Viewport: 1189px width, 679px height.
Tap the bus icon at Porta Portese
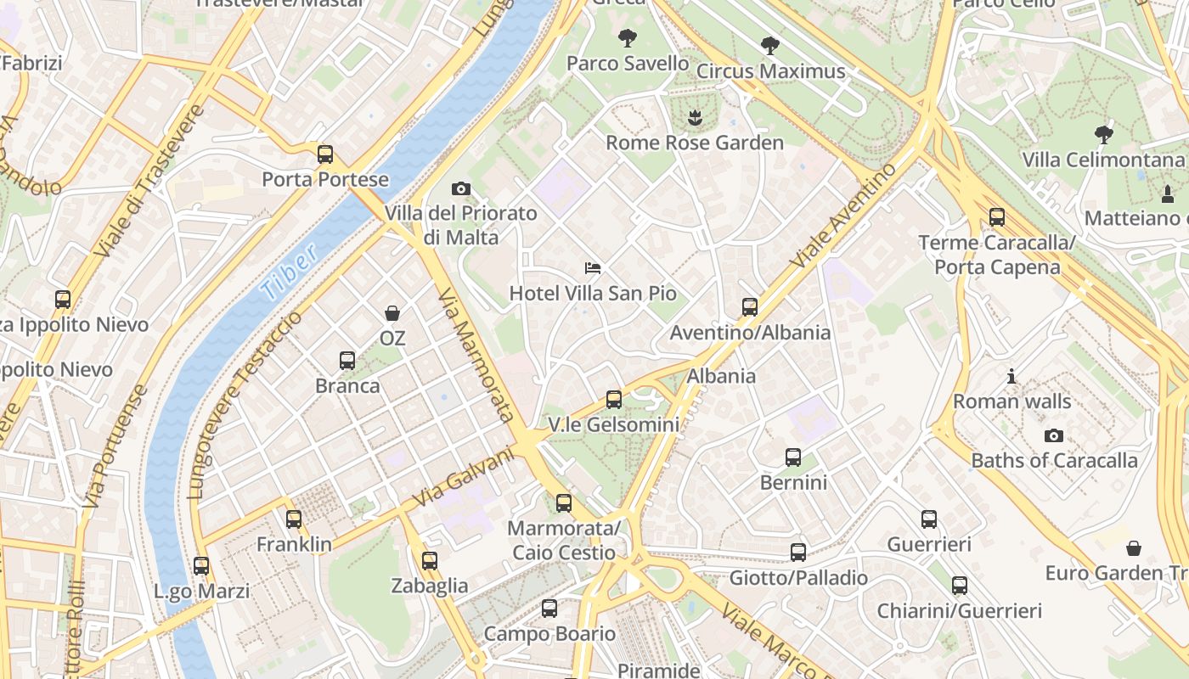click(x=325, y=154)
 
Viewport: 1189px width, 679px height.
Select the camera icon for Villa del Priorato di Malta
click(x=461, y=188)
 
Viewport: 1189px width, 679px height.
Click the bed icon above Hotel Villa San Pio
click(x=594, y=268)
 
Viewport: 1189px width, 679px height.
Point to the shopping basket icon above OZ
click(x=392, y=313)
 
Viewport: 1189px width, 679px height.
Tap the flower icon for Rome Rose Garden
click(x=695, y=117)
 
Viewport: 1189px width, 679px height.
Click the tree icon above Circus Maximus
click(x=770, y=46)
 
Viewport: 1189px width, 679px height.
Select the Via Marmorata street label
click(x=476, y=355)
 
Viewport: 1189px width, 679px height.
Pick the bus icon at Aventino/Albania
click(x=750, y=307)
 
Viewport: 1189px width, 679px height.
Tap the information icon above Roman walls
click(x=1011, y=376)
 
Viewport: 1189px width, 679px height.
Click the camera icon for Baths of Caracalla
click(x=1054, y=435)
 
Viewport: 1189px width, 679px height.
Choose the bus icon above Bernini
click(x=793, y=457)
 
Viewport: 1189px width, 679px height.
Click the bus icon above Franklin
click(x=294, y=519)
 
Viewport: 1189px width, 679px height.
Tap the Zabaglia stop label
click(x=430, y=586)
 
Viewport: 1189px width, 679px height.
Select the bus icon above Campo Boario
click(x=549, y=609)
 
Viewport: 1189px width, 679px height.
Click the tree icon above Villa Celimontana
click(x=1103, y=134)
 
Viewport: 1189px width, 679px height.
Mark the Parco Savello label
click(x=628, y=64)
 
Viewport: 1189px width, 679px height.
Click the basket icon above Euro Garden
click(x=1133, y=548)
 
